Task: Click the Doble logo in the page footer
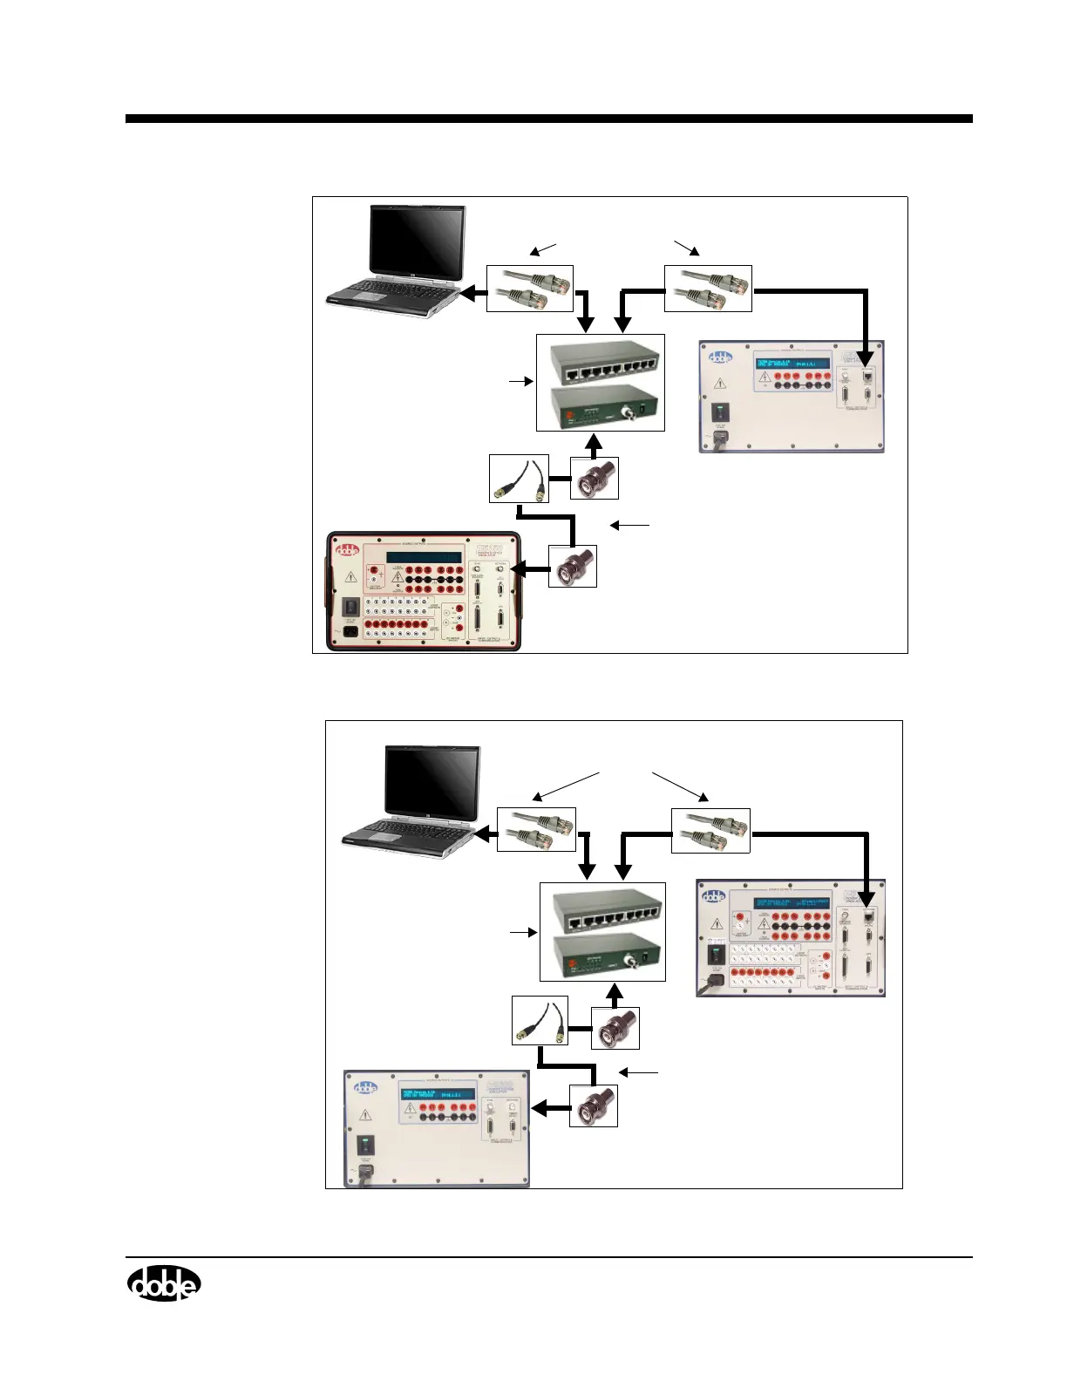click(x=164, y=1283)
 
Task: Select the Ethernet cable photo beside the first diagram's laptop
click(x=529, y=289)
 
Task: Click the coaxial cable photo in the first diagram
click(x=519, y=478)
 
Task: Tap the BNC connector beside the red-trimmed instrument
click(x=573, y=566)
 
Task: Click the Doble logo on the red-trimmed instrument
click(x=349, y=550)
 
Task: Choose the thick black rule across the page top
click(x=548, y=119)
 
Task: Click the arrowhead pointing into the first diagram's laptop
click(x=468, y=295)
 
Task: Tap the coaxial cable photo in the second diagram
click(x=540, y=1021)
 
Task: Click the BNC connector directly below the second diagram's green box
click(x=615, y=1028)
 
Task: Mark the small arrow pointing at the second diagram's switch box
click(x=522, y=934)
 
